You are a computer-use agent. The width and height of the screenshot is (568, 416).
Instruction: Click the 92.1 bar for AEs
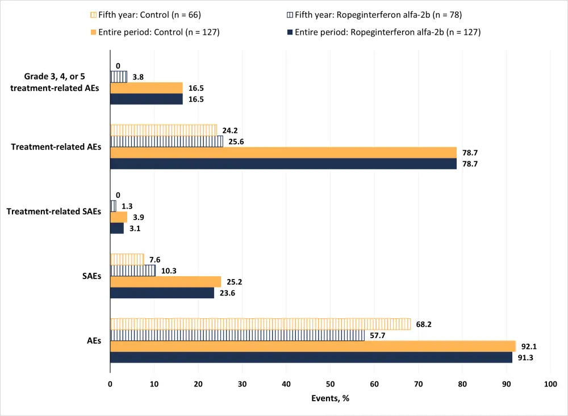pyautogui.click(x=312, y=346)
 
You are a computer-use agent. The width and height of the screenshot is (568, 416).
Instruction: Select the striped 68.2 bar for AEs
pyautogui.click(x=260, y=324)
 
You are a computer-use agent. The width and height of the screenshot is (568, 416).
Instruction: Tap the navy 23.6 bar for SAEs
pyautogui.click(x=162, y=293)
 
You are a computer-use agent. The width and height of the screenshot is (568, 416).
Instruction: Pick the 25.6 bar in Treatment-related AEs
pyautogui.click(x=166, y=142)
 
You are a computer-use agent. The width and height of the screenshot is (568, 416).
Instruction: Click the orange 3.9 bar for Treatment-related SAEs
pyautogui.click(x=119, y=217)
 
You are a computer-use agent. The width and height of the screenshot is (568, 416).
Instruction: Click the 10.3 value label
pyautogui.click(x=168, y=271)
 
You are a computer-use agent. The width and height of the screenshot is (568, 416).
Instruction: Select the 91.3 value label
pyautogui.click(x=525, y=358)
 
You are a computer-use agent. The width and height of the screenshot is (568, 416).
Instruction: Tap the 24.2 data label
pyautogui.click(x=229, y=130)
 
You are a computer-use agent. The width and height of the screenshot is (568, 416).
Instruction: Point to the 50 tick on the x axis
pyautogui.click(x=330, y=384)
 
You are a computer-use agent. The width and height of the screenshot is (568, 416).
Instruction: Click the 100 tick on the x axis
pyautogui.click(x=550, y=384)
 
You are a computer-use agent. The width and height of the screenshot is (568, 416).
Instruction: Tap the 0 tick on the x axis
pyautogui.click(x=110, y=384)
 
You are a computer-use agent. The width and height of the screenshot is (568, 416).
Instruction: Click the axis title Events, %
pyautogui.click(x=330, y=398)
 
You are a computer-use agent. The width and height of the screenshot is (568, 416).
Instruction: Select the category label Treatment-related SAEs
pyautogui.click(x=54, y=211)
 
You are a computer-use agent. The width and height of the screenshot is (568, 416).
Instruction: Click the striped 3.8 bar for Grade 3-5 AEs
pyautogui.click(x=119, y=77)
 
